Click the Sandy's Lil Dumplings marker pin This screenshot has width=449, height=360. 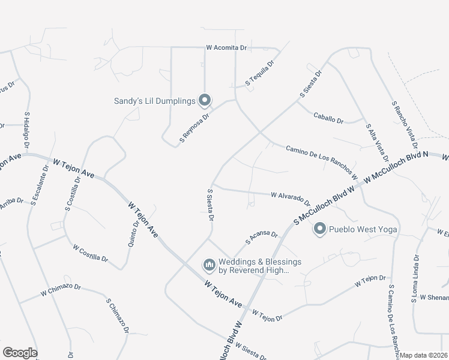point(205,100)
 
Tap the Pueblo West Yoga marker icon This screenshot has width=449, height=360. point(320,229)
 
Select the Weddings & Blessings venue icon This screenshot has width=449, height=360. point(209,265)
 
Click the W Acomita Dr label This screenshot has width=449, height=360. point(226,47)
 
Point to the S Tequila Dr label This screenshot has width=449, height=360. point(259,72)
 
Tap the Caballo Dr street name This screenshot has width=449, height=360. point(328,117)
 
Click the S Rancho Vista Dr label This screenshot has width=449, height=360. point(404,125)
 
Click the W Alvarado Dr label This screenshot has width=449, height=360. point(290,199)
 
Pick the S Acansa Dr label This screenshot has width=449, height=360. point(262,238)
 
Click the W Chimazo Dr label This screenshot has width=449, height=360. point(61,289)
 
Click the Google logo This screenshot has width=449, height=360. point(19,353)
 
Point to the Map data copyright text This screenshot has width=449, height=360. point(424,355)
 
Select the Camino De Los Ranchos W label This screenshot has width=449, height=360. point(321,163)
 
